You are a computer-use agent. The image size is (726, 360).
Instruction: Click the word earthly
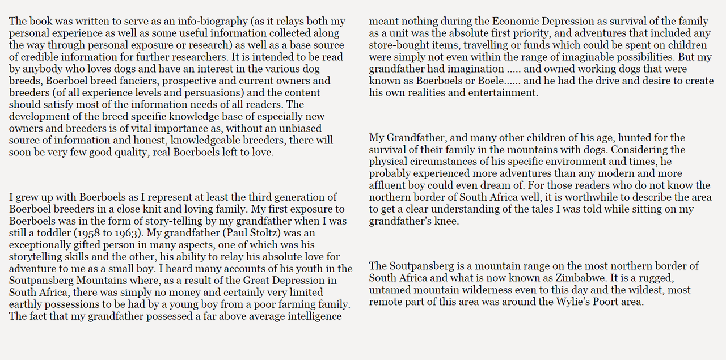[26, 304]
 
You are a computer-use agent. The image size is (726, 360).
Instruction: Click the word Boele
[487, 81]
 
